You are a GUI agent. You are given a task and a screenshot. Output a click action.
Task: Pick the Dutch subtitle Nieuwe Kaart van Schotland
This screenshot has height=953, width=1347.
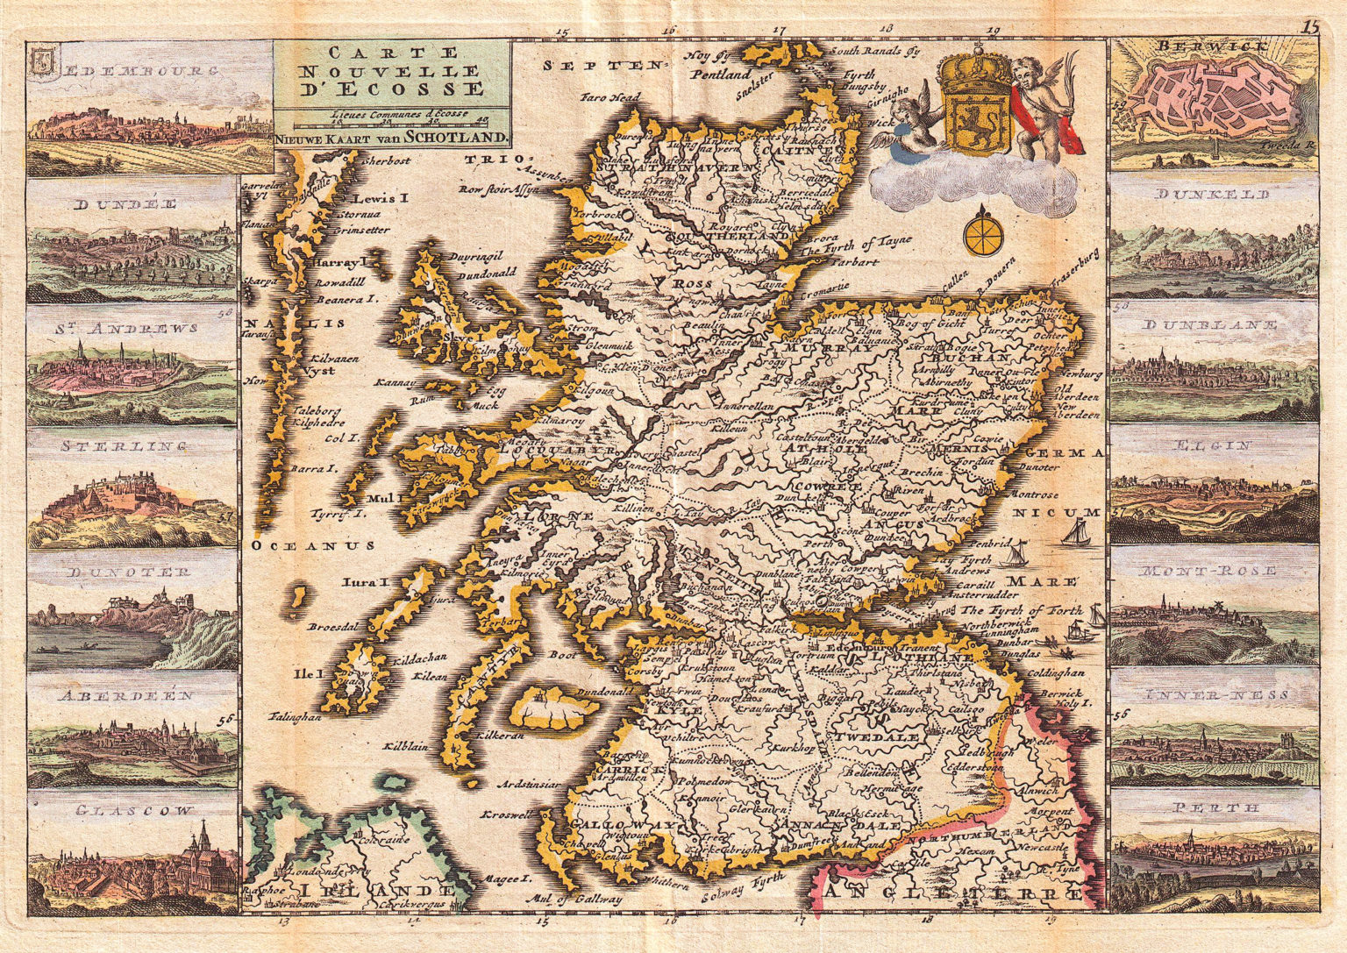[390, 137]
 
